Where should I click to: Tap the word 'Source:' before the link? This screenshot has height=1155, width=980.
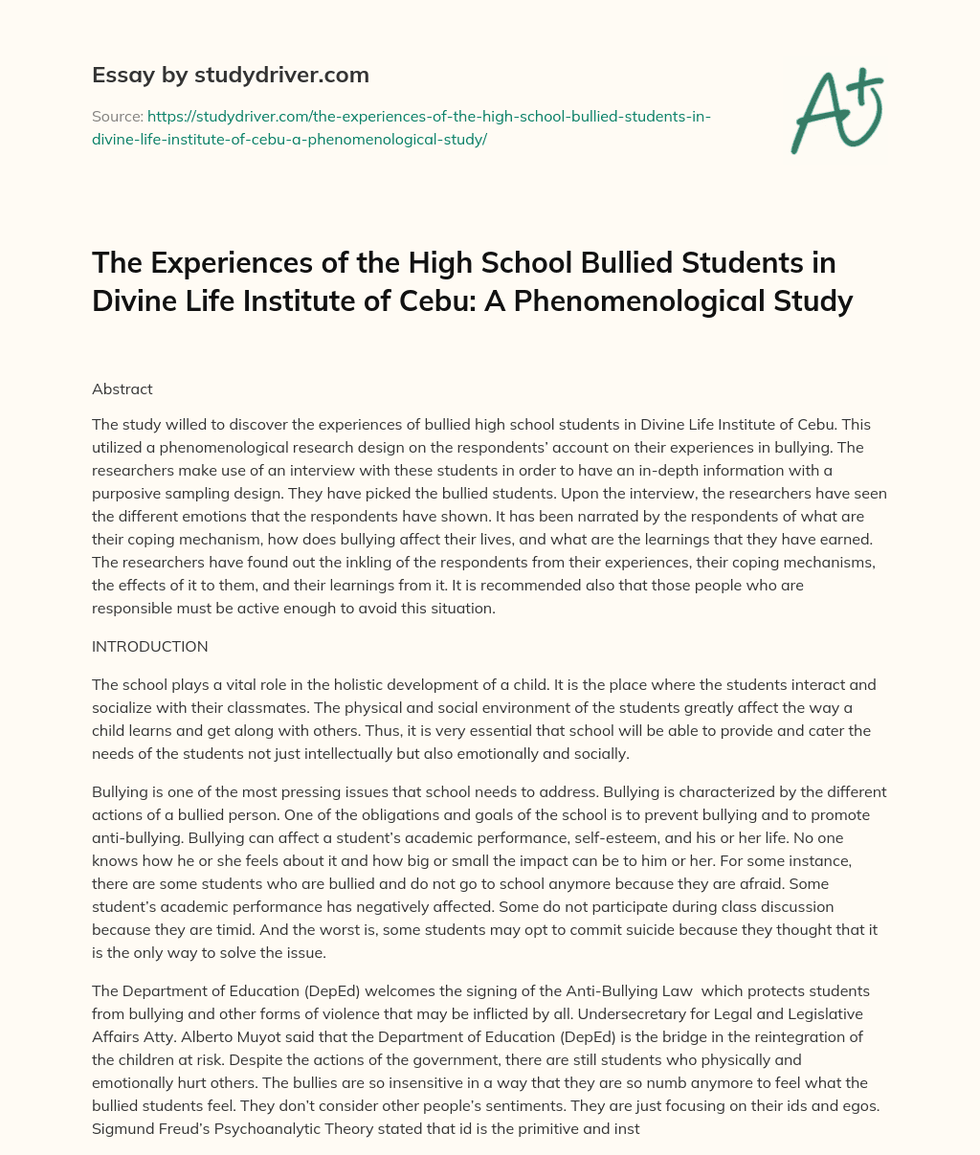tap(116, 117)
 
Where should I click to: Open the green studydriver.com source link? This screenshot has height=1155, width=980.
tap(402, 127)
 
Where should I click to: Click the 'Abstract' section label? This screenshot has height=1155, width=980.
tap(122, 389)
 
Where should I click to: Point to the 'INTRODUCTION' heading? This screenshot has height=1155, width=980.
tap(149, 647)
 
